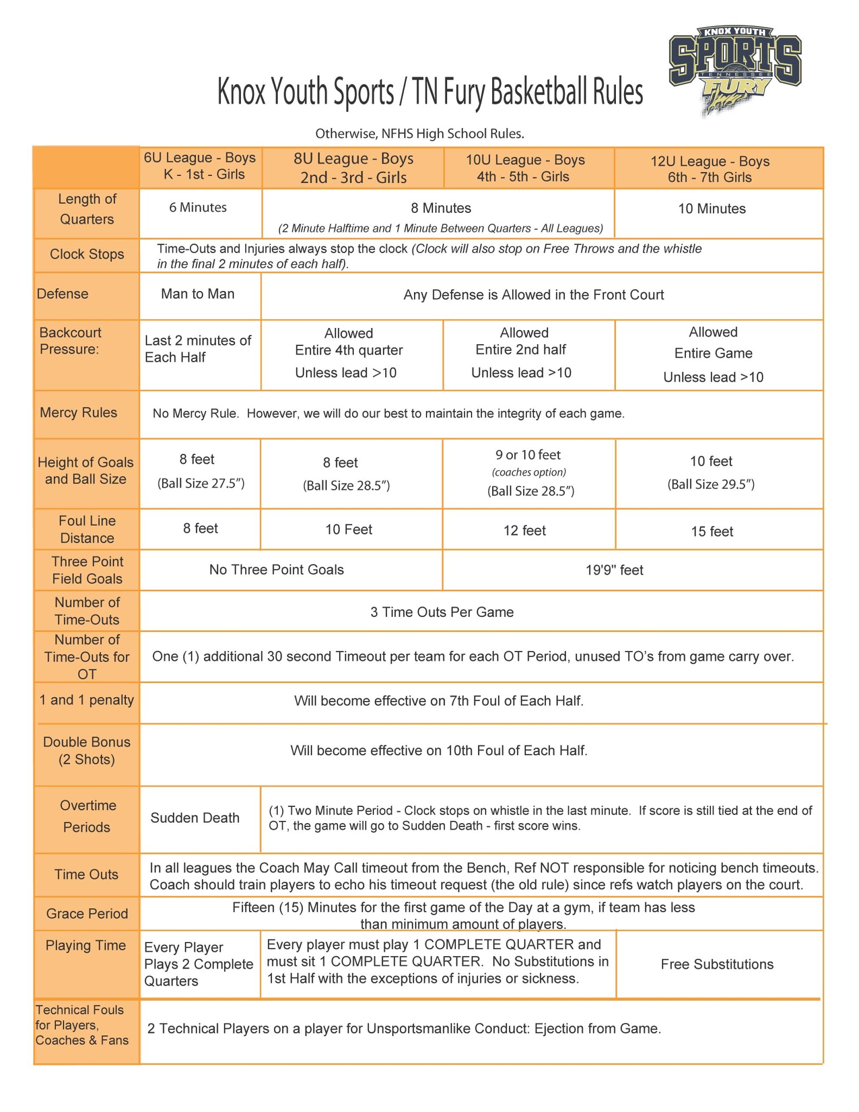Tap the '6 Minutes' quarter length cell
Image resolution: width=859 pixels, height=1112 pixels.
tap(198, 208)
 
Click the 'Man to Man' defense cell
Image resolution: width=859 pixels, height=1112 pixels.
tap(198, 294)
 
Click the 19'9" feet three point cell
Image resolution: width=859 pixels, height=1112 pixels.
tap(614, 570)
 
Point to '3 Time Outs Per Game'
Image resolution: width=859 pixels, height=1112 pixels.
tap(442, 612)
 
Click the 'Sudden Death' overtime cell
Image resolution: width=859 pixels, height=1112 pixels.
tap(195, 818)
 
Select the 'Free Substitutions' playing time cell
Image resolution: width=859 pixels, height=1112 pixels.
tap(716, 964)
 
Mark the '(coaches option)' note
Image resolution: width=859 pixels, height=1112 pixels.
tap(529, 472)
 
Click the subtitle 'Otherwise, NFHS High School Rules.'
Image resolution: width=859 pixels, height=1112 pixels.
tap(419, 134)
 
